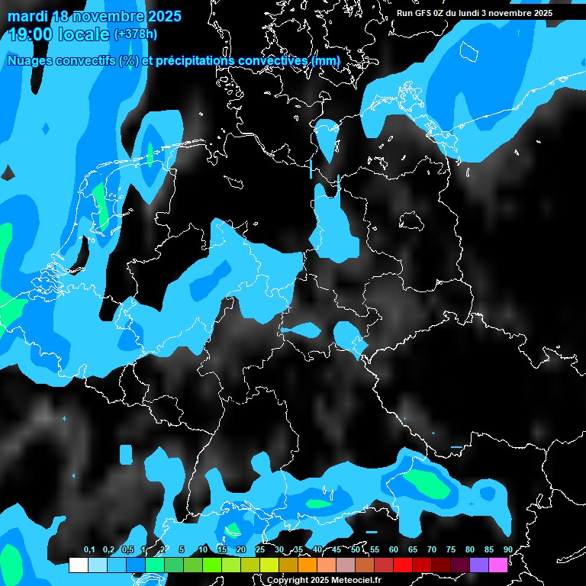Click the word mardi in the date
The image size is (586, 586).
tap(27, 16)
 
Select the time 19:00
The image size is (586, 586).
tap(31, 34)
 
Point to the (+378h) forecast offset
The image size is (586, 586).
tap(136, 34)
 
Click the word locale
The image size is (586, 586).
tap(83, 34)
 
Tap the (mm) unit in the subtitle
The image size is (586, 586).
tap(326, 60)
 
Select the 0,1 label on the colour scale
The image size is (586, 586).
tap(89, 550)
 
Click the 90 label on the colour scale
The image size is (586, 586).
tap(508, 550)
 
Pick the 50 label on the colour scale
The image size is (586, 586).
tap(356, 550)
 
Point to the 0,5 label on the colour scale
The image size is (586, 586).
tap(127, 550)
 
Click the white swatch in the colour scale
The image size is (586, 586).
tap(79, 565)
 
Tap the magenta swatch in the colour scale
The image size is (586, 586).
tap(498, 565)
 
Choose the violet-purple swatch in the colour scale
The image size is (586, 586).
tap(479, 565)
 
